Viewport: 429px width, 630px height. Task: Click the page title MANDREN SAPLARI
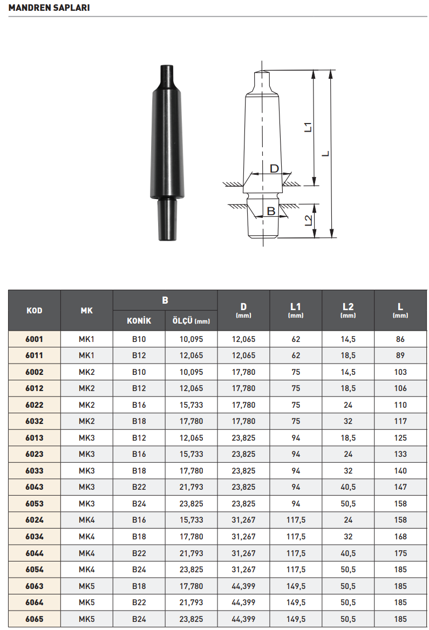49,8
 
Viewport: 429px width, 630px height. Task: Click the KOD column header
34,310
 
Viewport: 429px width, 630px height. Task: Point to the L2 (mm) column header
348,310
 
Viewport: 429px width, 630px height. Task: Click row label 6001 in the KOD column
34,339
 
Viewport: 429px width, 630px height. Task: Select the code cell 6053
34,504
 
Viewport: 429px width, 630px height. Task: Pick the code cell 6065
34,619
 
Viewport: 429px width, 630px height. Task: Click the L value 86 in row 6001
400,339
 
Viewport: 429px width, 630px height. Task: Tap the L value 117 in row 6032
400,421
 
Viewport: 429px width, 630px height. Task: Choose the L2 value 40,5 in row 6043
348,487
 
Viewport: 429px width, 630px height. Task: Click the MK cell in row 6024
86,520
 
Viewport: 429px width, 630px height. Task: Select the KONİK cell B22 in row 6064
139,602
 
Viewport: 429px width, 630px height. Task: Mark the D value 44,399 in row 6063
243,586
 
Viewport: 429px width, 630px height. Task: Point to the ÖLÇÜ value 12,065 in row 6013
191,438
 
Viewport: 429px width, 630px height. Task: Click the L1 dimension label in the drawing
308,127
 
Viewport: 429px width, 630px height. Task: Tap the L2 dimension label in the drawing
308,220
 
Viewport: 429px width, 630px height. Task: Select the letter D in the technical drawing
274,169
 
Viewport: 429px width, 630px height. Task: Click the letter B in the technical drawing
271,211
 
